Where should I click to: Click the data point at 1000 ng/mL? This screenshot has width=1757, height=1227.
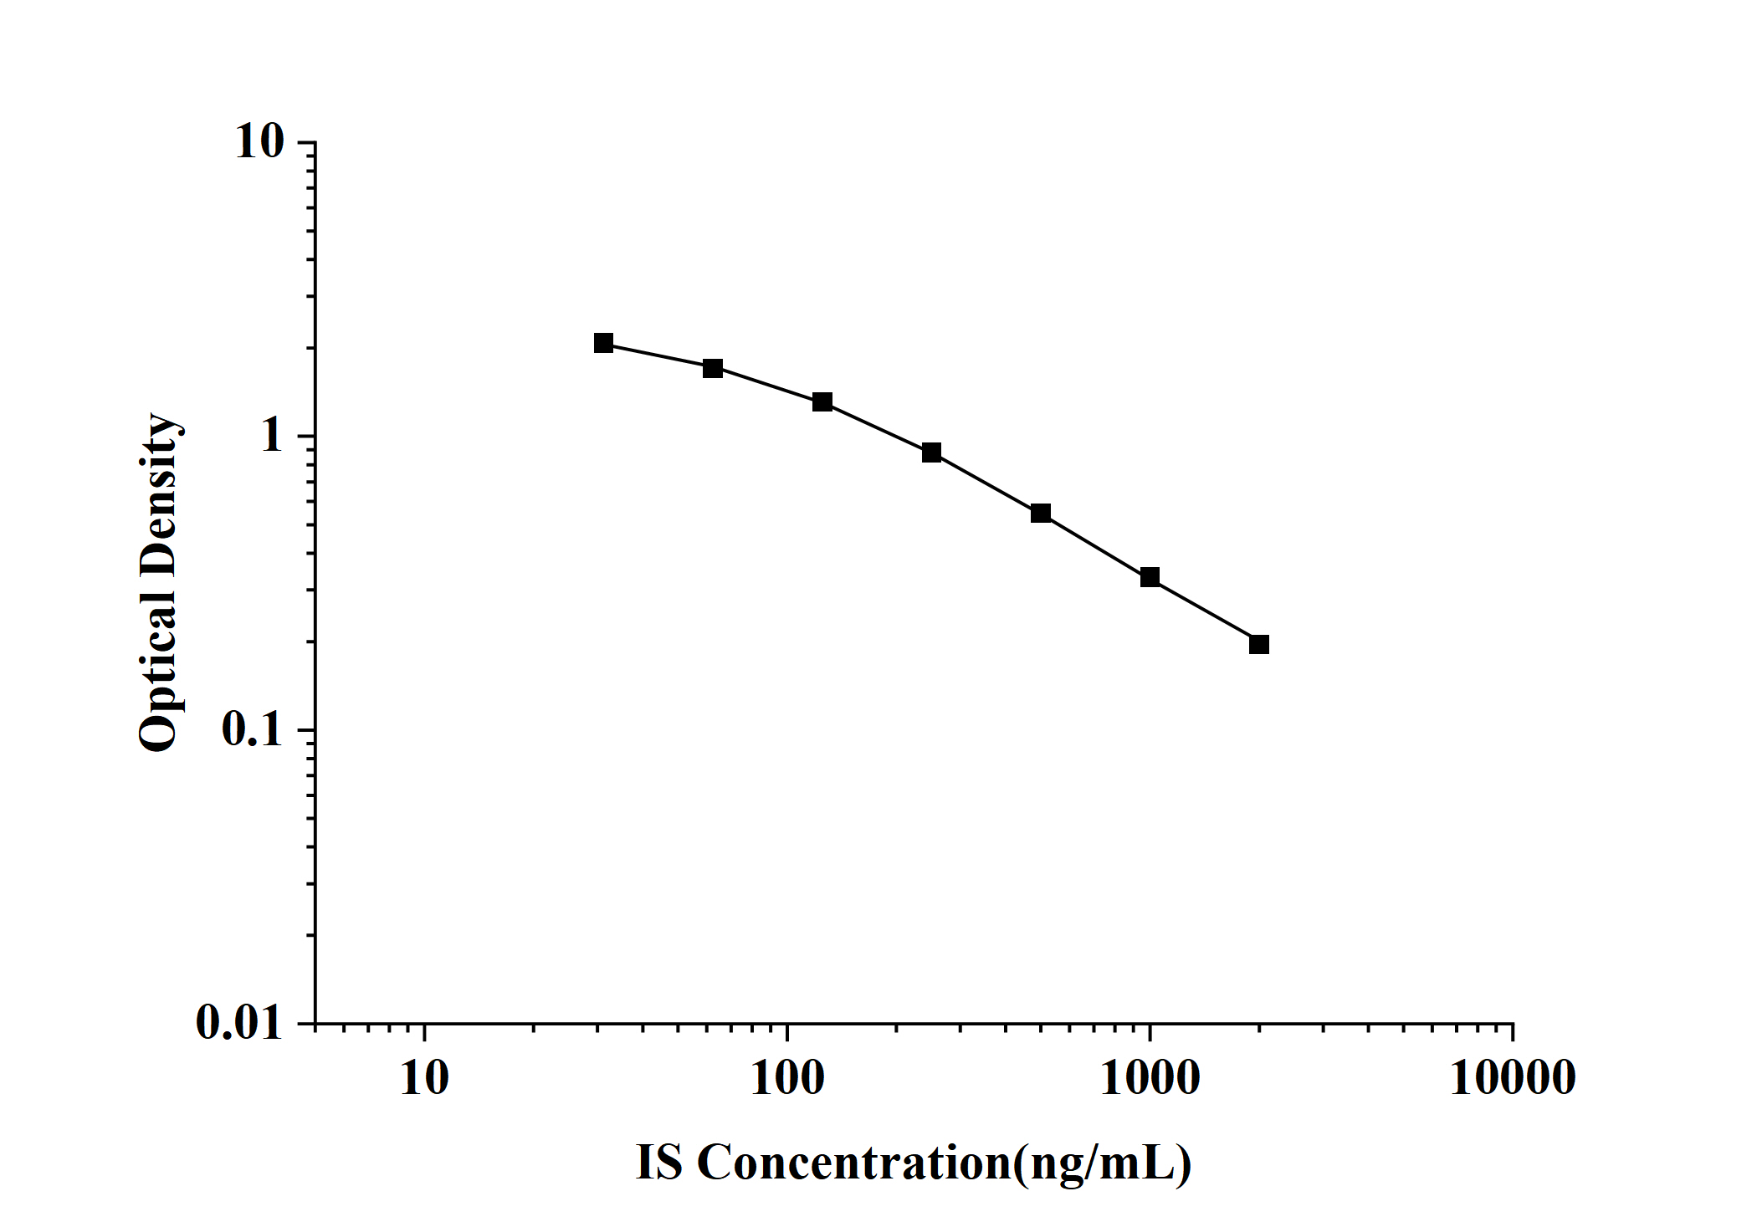coord(1150,577)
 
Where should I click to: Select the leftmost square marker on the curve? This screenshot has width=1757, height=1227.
coord(603,343)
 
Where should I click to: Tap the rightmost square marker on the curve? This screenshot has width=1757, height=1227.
coord(1258,644)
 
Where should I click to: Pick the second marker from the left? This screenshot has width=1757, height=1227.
coord(713,368)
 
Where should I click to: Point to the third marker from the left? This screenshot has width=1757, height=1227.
coord(822,402)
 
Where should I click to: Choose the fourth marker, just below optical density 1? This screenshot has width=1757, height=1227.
coord(931,452)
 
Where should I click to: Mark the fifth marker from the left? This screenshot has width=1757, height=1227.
coord(1041,513)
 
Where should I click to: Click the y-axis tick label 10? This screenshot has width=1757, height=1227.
coord(260,142)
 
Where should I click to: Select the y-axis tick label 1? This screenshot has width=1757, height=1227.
coord(273,436)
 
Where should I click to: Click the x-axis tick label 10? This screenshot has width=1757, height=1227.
coord(424,1078)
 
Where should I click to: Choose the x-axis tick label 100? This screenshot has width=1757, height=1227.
coord(787,1078)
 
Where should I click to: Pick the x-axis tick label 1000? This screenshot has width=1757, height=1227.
coord(1150,1078)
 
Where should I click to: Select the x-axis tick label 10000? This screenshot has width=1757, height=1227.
coord(1513,1078)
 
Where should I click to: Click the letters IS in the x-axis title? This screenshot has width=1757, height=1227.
coord(659,1163)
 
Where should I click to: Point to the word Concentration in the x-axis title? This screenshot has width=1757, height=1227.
coord(854,1163)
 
